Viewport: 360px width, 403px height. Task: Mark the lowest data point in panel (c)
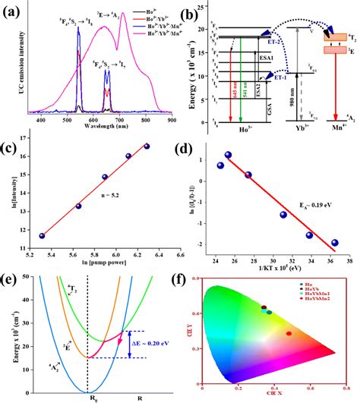pos(42,236)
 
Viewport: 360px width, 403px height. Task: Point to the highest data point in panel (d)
pos(228,155)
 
